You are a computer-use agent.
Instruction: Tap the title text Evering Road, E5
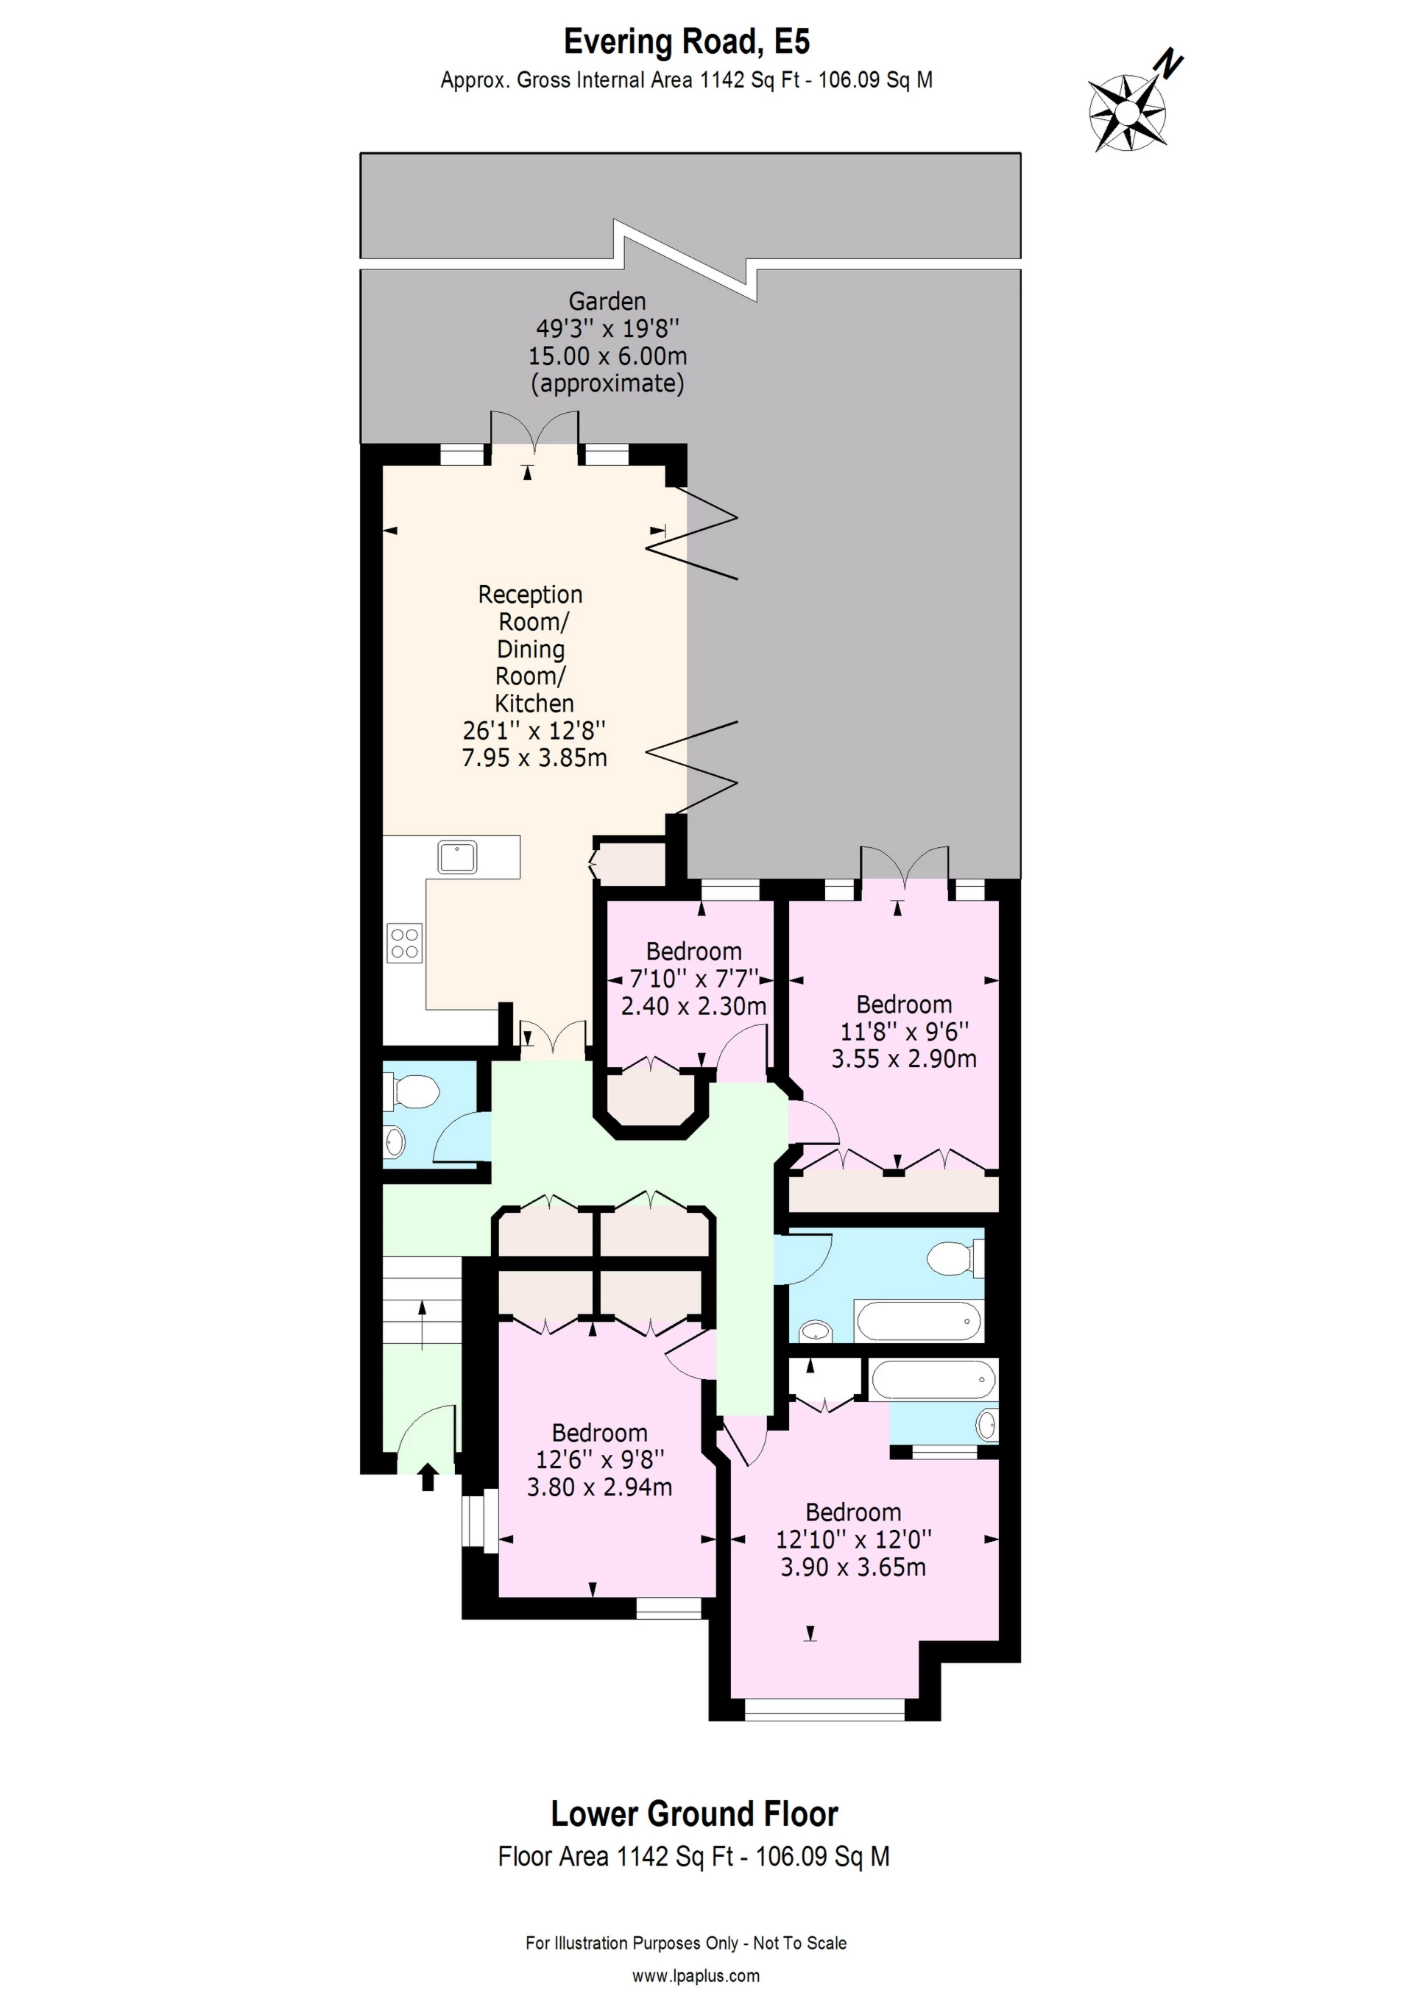click(x=686, y=41)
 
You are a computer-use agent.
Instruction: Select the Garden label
click(x=608, y=301)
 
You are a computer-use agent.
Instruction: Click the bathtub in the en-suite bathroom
click(x=934, y=1380)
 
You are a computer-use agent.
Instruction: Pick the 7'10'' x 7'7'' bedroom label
click(x=694, y=978)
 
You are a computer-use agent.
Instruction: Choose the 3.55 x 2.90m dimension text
click(x=904, y=1059)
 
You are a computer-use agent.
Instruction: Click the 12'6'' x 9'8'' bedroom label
click(x=600, y=1459)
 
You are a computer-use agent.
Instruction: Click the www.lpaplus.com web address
click(x=696, y=1975)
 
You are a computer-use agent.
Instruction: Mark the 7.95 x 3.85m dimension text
click(x=534, y=757)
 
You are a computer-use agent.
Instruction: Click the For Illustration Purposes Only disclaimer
click(x=686, y=1943)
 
